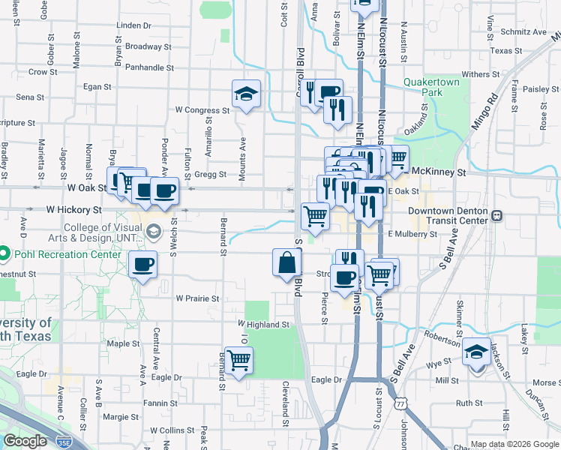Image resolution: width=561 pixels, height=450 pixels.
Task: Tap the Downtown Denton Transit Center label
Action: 448,216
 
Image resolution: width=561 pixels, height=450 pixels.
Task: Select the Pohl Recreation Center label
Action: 67,254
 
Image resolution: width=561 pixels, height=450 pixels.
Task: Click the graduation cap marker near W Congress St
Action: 246,94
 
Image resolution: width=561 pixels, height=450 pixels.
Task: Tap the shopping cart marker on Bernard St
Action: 238,362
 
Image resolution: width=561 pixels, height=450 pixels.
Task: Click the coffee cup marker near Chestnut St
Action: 142,265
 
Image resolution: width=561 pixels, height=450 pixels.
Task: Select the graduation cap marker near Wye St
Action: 476,351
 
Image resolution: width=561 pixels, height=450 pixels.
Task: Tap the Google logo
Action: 25,441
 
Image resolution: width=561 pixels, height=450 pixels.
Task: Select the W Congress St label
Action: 202,110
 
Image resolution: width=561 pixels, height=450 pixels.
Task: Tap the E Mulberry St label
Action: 412,234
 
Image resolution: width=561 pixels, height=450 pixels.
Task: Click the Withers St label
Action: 480,74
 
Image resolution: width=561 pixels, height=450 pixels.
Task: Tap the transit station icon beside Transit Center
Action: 496,216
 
